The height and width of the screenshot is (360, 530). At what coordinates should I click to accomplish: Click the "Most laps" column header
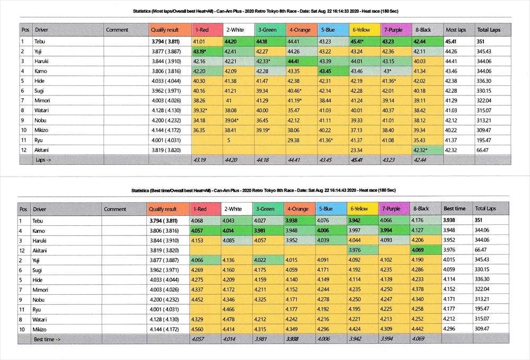pos(456,30)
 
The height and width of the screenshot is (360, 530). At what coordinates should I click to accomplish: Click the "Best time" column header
pos(454,209)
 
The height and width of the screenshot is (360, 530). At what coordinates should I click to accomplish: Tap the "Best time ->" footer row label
pos(47,339)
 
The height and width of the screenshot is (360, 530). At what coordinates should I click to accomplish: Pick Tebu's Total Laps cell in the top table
pos(482,41)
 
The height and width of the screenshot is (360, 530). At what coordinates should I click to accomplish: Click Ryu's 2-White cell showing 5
pos(228,140)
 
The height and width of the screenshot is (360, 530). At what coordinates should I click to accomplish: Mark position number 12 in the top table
pos(24,150)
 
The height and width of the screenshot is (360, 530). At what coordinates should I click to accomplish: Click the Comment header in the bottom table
pos(115,209)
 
